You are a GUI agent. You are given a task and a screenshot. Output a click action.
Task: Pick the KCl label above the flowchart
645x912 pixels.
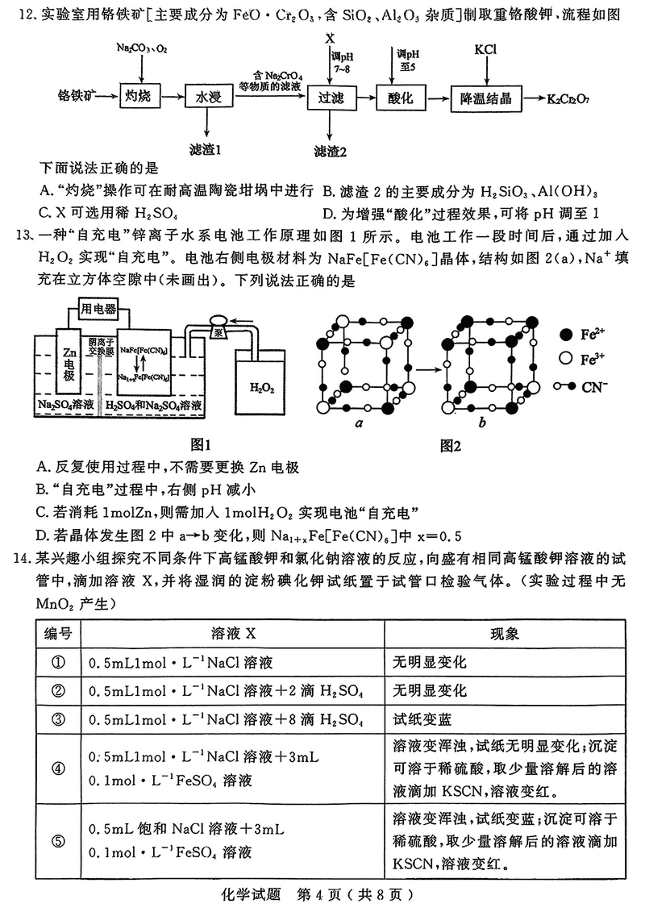[485, 48]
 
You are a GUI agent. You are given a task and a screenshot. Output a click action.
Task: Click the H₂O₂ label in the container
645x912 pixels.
[261, 386]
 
